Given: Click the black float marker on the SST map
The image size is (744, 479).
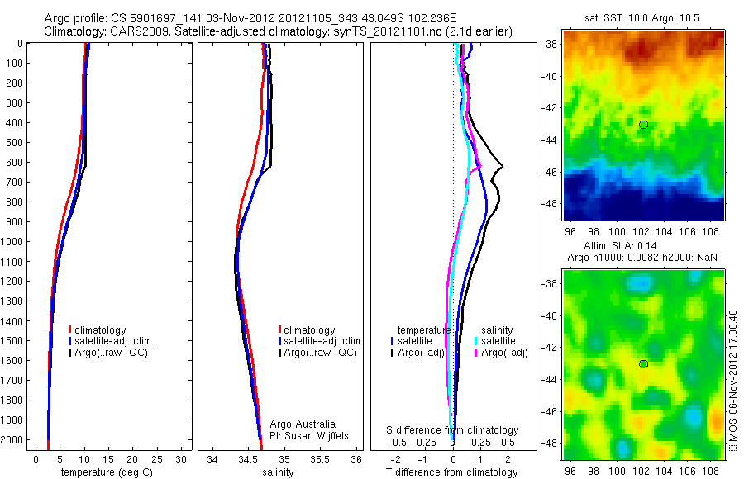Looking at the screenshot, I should click(643, 124).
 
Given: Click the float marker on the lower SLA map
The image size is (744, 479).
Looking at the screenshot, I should click(643, 363).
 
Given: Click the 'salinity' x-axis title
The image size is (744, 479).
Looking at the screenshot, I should click(278, 472).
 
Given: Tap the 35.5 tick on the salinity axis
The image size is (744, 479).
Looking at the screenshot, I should click(321, 459).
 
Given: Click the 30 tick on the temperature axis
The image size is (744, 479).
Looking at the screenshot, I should click(181, 459).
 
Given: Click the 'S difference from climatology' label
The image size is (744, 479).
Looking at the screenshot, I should click(453, 430).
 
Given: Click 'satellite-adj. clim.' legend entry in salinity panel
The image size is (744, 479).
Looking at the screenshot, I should click(322, 341).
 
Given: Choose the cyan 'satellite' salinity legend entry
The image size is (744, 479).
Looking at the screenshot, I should click(496, 341).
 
